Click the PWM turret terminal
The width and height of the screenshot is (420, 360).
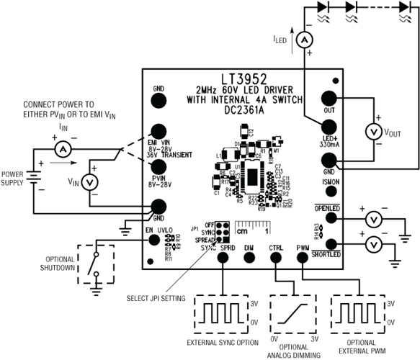click(302, 258)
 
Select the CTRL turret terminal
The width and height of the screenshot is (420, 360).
click(276, 258)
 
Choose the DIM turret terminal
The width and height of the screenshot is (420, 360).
click(249, 258)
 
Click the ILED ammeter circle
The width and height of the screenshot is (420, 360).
click(304, 39)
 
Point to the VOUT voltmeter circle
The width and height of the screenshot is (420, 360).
click(372, 131)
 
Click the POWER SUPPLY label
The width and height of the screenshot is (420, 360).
click(12, 177)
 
